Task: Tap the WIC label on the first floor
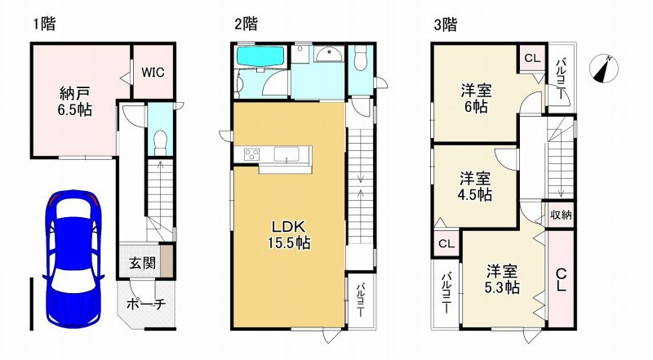point(152,72)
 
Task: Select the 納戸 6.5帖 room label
point(75,100)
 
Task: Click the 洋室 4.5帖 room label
point(474,186)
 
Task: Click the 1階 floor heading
point(44,24)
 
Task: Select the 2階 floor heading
point(246,24)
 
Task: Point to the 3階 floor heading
point(445,24)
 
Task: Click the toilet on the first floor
point(161,140)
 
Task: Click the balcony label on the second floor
point(359,300)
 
